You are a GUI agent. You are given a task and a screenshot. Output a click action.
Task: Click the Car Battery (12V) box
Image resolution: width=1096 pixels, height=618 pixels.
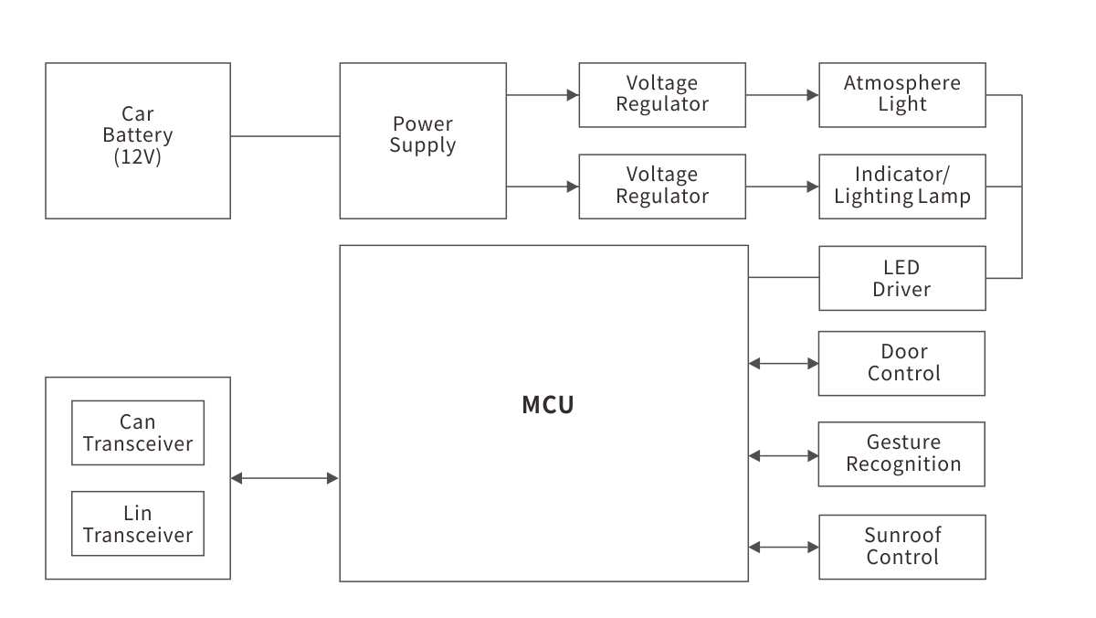tap(137, 140)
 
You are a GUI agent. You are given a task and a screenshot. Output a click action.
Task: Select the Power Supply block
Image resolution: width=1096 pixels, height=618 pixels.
tap(423, 140)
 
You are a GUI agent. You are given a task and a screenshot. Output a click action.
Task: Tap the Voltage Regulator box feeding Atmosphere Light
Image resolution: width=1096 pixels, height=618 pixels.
tap(662, 94)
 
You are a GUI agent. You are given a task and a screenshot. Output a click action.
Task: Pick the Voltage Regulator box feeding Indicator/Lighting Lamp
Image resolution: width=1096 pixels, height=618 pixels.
tap(662, 186)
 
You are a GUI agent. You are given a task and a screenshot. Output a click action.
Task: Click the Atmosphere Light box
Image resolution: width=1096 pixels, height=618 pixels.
tap(901, 94)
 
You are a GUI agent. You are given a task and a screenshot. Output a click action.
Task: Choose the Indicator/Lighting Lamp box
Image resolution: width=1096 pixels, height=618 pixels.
tap(901, 186)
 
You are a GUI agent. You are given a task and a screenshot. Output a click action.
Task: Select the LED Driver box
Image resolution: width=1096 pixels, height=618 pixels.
tap(901, 278)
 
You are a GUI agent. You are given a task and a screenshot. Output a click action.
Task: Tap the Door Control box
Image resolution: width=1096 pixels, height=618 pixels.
tap(901, 363)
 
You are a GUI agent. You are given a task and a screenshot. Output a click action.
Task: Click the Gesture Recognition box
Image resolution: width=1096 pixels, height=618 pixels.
tap(901, 453)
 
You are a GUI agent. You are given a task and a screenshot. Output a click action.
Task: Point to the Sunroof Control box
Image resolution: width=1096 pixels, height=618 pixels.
tap(901, 547)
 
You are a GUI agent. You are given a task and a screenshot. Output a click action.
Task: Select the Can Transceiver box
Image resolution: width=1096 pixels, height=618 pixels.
tap(138, 432)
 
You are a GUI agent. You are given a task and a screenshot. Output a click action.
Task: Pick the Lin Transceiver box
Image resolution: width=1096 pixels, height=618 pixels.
tap(138, 524)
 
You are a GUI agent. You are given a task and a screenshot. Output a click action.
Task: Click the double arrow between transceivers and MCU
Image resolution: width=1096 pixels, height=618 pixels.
tap(285, 477)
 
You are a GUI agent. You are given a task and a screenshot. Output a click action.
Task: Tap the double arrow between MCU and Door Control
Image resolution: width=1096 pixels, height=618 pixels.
tap(784, 364)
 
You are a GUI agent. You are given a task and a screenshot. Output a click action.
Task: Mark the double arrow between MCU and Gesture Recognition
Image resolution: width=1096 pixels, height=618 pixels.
tap(784, 454)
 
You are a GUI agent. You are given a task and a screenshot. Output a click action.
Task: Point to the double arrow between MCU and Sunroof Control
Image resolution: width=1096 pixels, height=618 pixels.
tap(784, 548)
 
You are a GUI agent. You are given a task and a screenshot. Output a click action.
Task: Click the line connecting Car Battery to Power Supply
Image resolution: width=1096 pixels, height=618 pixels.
tap(285, 136)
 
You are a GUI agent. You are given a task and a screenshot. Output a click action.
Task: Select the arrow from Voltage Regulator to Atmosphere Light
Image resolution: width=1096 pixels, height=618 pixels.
tap(782, 94)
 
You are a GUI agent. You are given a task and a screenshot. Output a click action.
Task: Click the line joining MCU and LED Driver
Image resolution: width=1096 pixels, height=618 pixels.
tap(784, 278)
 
